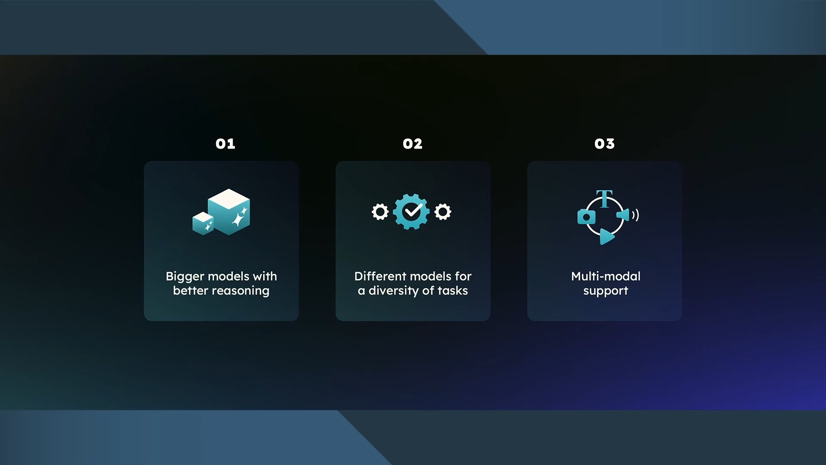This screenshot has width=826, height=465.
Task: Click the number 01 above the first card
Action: pos(225,144)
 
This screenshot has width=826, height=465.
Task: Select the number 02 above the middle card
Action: pos(413,144)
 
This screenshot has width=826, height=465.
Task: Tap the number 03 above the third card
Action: pos(604,144)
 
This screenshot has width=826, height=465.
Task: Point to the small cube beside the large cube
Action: pos(203,223)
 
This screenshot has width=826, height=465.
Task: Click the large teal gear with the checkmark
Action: pos(411,212)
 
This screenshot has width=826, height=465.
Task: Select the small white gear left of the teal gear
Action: pos(380,212)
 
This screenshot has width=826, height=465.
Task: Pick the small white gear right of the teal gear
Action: pos(443,212)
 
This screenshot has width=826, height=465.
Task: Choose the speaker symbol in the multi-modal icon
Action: pos(628,214)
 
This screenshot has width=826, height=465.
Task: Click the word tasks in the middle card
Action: pos(453,291)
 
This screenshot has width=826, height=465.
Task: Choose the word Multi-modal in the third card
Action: pos(606,276)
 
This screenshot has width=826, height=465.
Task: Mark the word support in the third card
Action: pos(606,291)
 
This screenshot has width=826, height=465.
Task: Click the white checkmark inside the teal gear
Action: pos(412,211)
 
